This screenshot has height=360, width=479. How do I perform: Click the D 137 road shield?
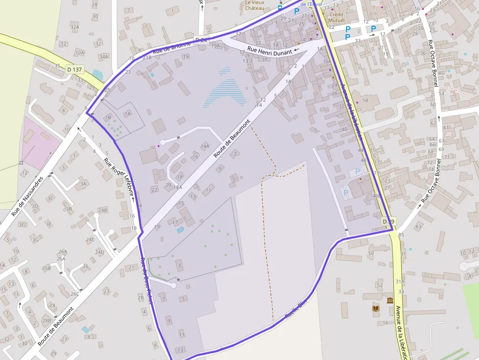click(75, 69)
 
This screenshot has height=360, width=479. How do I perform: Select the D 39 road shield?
click(388, 222)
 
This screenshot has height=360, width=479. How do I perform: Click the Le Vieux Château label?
click(254, 5)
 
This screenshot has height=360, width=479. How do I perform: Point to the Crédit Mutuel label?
click(336, 18)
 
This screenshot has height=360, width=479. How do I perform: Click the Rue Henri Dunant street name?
click(269, 50)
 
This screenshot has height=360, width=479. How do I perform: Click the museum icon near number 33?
click(390, 300)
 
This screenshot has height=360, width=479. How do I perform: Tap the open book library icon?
click(375, 308)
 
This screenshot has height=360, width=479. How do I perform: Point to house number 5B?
click(365, 101)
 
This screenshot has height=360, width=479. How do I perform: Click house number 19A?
click(216, 46)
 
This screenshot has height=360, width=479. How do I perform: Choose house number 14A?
click(204, 146)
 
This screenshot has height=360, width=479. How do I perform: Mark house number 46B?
click(376, 195)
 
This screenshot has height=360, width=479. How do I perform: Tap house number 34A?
click(104, 57)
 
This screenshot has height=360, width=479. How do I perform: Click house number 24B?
click(102, 210)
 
